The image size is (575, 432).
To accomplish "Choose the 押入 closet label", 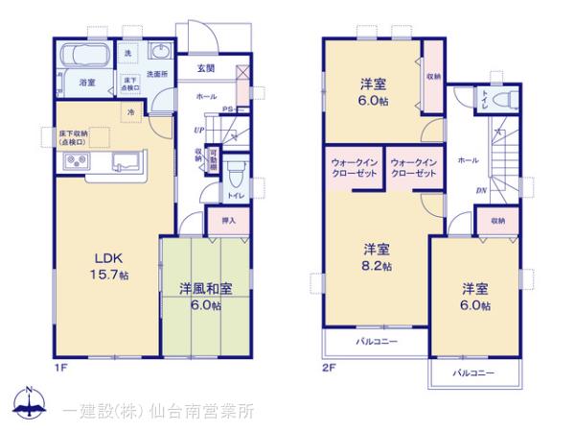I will click(x=228, y=220).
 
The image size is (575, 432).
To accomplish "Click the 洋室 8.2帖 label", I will click(x=375, y=255).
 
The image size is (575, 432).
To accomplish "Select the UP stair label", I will click(x=197, y=130).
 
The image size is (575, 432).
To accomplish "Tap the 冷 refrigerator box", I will click(x=129, y=113).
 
